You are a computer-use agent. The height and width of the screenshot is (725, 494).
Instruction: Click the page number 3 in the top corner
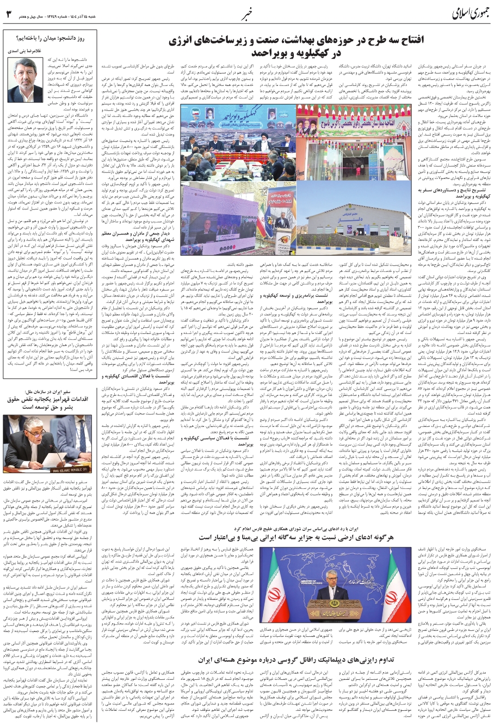pos(8,13)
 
